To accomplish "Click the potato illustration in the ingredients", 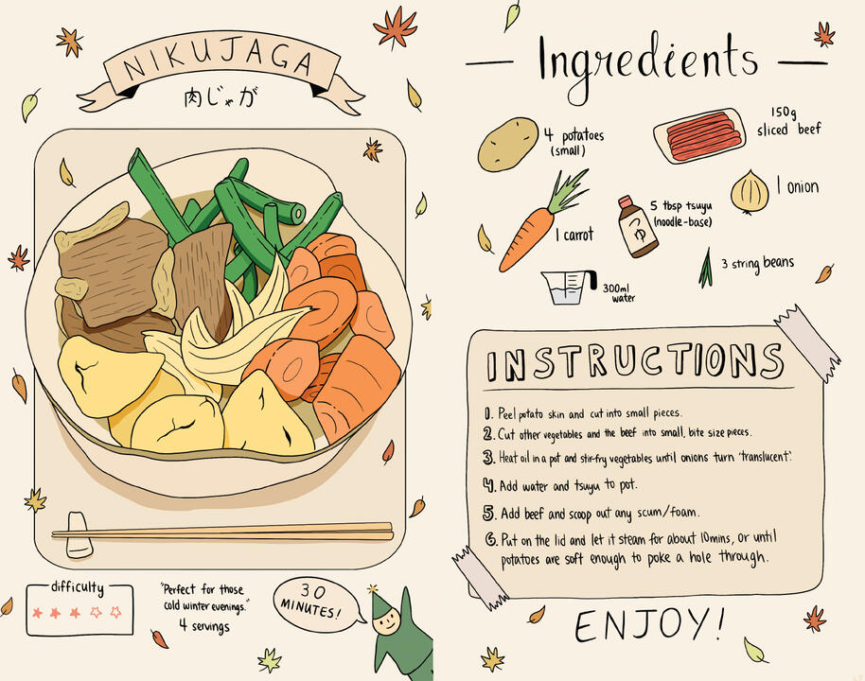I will coord(507,144).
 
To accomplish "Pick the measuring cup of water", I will coord(566,285).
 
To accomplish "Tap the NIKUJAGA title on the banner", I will coord(220,63).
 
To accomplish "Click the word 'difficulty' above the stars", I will coord(78,588).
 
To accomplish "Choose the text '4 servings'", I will coord(203,626).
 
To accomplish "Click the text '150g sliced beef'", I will coord(788,120).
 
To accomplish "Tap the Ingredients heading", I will coord(647,61).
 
